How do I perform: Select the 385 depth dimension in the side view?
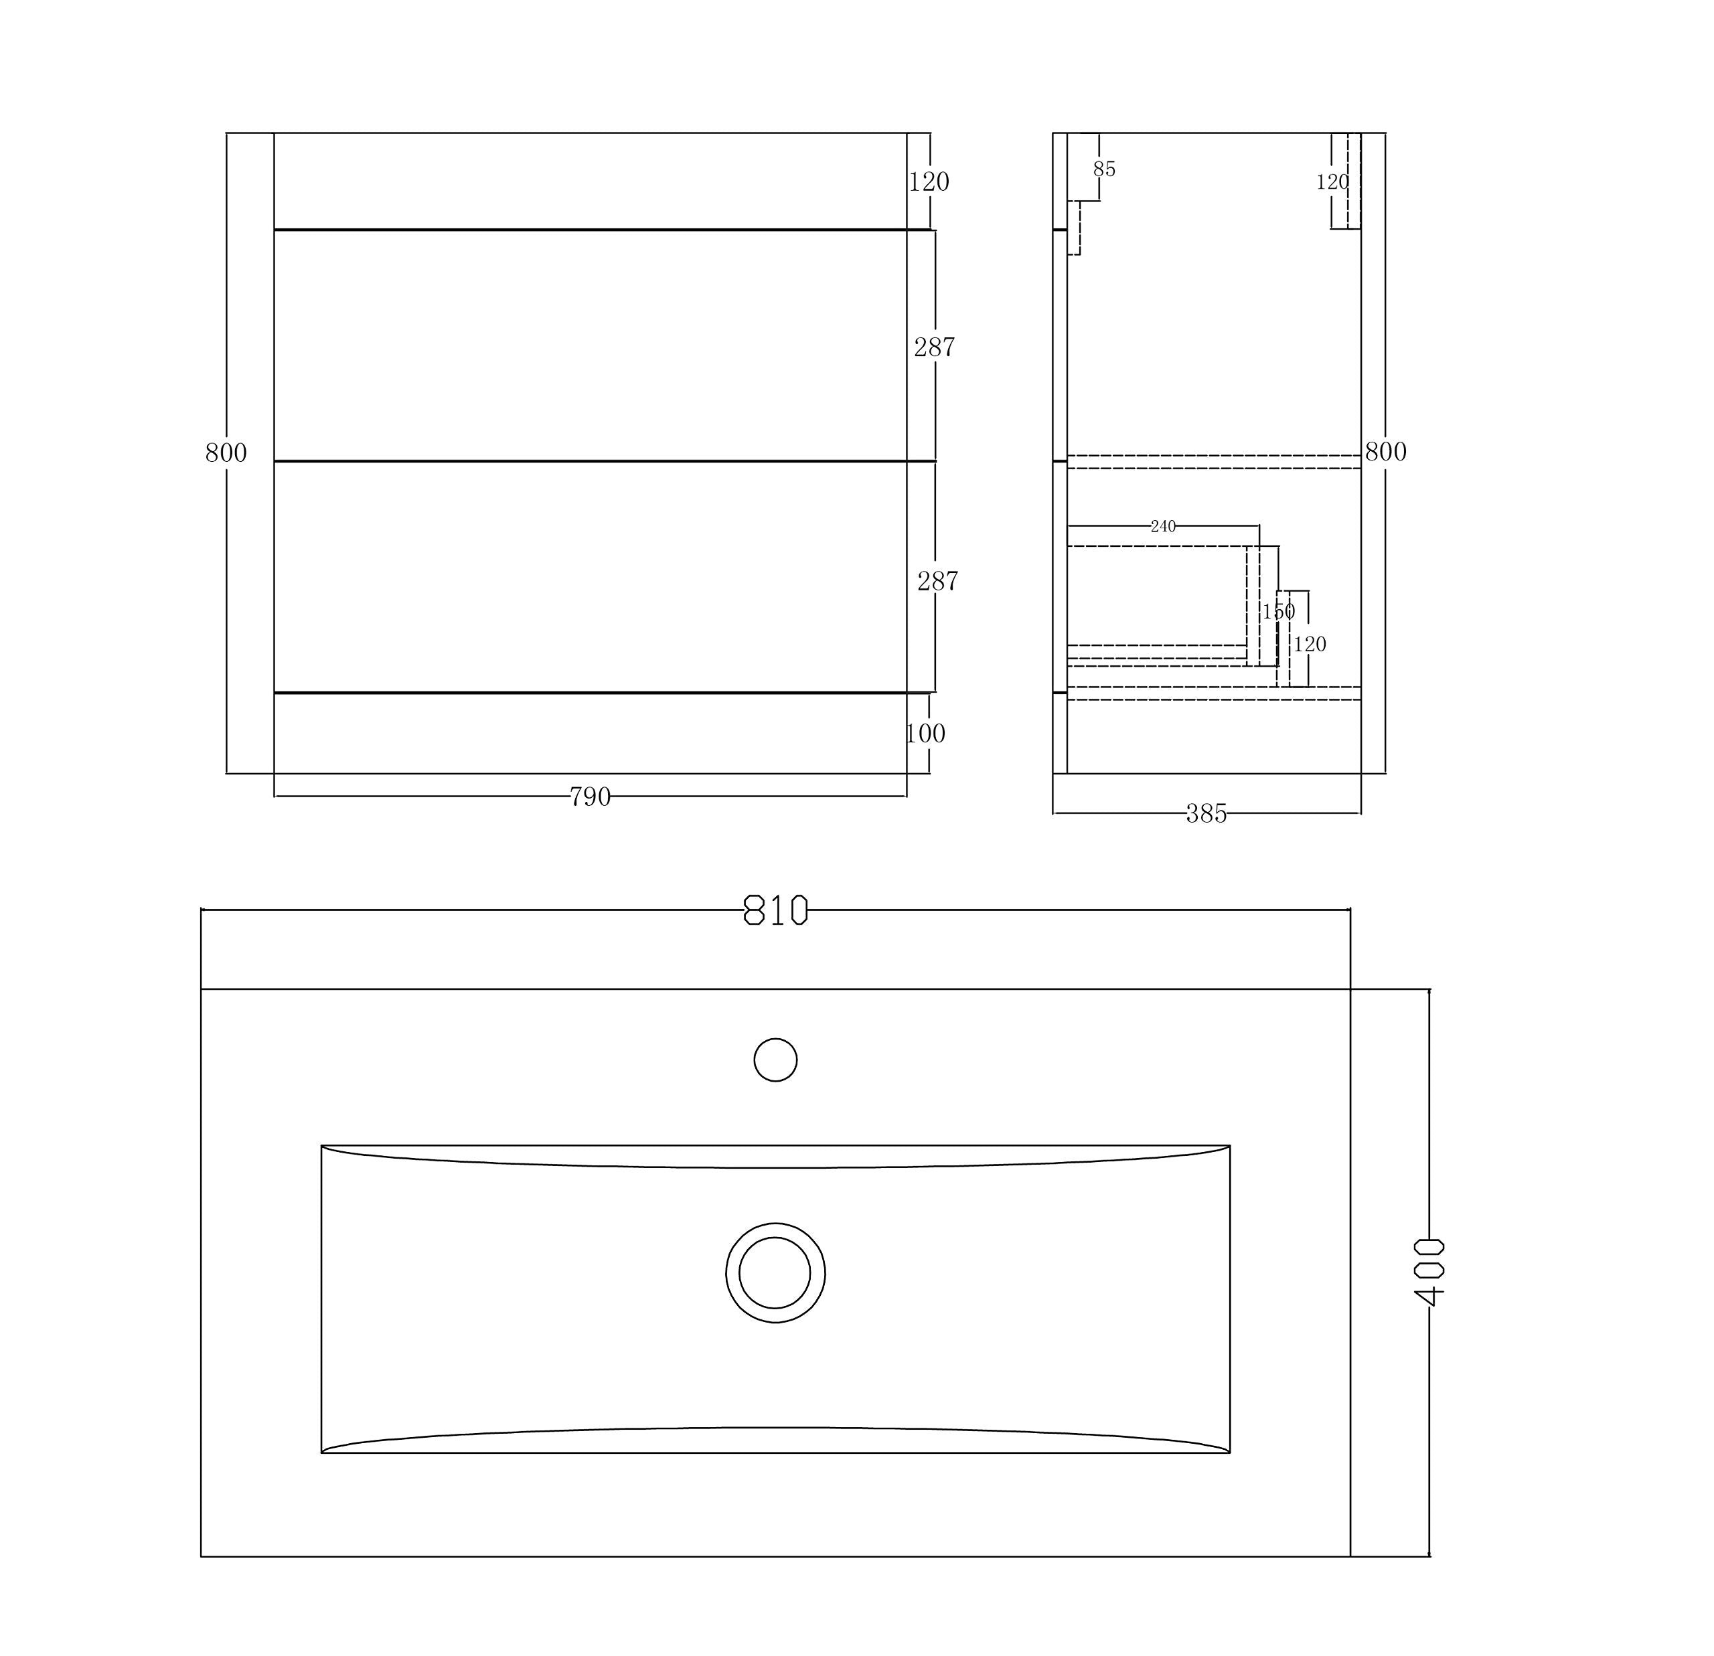(x=1206, y=815)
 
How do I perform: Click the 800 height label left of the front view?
(x=226, y=453)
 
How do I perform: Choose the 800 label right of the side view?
(x=1385, y=452)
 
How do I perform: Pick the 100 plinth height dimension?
(x=925, y=734)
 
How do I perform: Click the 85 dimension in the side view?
(x=1105, y=169)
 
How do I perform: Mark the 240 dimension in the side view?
(x=1163, y=526)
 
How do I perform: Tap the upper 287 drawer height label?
(x=934, y=348)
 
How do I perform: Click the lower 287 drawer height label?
(x=937, y=582)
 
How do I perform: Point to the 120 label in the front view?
(x=929, y=182)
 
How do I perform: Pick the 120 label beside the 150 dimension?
(x=1310, y=645)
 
